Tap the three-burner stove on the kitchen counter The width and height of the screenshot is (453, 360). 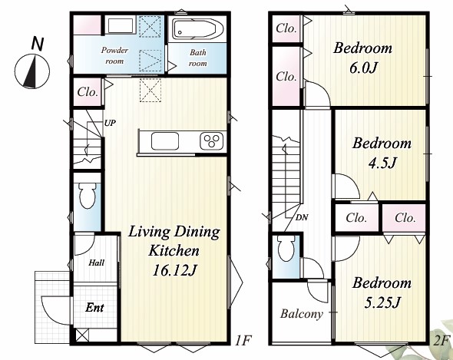click(212, 141)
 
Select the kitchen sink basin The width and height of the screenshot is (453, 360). click(164, 141)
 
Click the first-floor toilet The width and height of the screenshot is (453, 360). click(88, 195)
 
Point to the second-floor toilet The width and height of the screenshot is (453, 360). click(287, 248)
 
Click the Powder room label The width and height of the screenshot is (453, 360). click(114, 55)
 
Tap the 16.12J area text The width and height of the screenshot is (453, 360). click(174, 271)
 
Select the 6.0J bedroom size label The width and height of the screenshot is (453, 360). click(363, 68)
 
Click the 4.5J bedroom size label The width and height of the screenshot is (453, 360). click(382, 163)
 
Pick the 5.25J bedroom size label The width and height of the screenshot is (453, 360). click(382, 302)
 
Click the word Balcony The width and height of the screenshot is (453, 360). click(301, 314)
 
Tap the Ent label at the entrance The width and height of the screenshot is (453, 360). click(94, 307)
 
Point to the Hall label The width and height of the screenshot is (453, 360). click(97, 263)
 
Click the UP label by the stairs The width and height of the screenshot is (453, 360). click(110, 123)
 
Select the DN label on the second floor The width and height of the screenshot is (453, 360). click(302, 217)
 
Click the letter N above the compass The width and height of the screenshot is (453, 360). click(38, 45)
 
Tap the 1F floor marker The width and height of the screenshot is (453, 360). click(242, 340)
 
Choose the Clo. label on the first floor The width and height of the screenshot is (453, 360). click(88, 92)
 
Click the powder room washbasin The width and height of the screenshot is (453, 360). click(121, 26)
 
